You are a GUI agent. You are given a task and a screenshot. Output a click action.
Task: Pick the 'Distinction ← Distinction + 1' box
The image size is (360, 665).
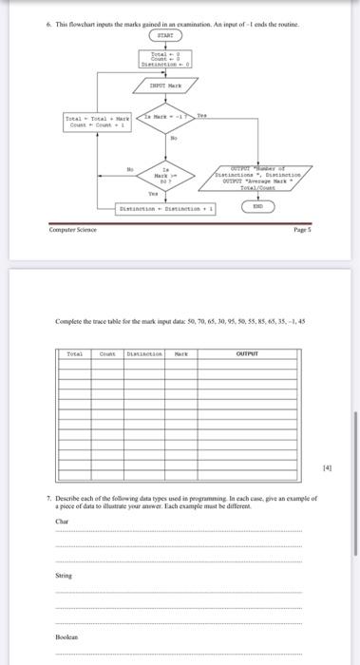(x=167, y=208)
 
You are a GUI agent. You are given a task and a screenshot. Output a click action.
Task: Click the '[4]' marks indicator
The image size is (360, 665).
(x=326, y=467)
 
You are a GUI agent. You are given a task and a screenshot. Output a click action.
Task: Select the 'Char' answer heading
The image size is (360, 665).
(x=63, y=521)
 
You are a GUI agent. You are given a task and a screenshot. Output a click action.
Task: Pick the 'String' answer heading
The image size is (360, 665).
(x=64, y=574)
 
